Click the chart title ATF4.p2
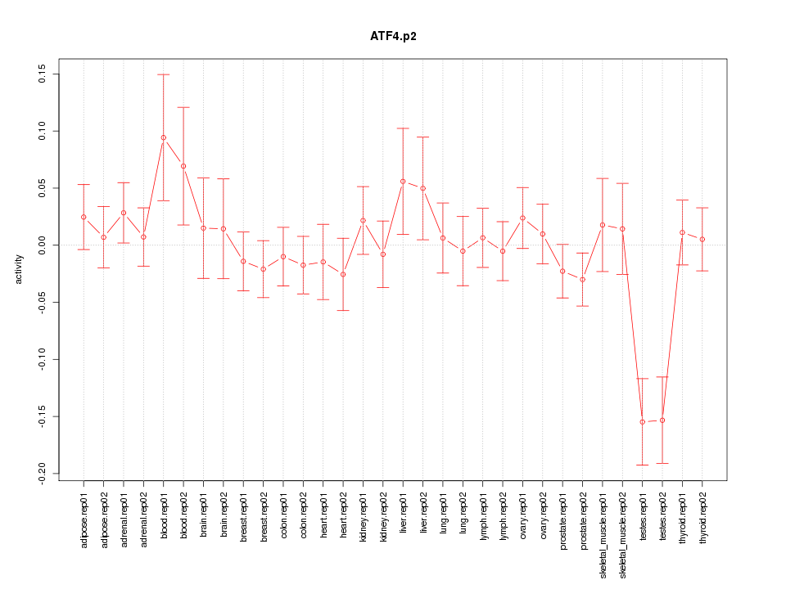pyautogui.click(x=393, y=36)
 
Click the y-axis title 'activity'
pyautogui.click(x=19, y=269)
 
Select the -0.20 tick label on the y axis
pyautogui.click(x=43, y=474)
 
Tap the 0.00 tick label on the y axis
pyautogui.click(x=43, y=245)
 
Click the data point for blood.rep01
pyautogui.click(x=163, y=137)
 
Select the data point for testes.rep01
pyautogui.click(x=643, y=421)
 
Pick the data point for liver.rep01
pyautogui.click(x=403, y=182)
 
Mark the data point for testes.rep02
pyautogui.click(x=662, y=420)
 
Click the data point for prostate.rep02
pyautogui.click(x=583, y=280)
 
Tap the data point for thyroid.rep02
pyautogui.click(x=702, y=239)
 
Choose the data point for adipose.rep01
pyautogui.click(x=84, y=217)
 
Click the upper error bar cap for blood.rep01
pyautogui.click(x=163, y=74)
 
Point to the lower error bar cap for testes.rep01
pyautogui.click(x=643, y=465)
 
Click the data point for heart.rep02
pyautogui.click(x=343, y=274)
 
